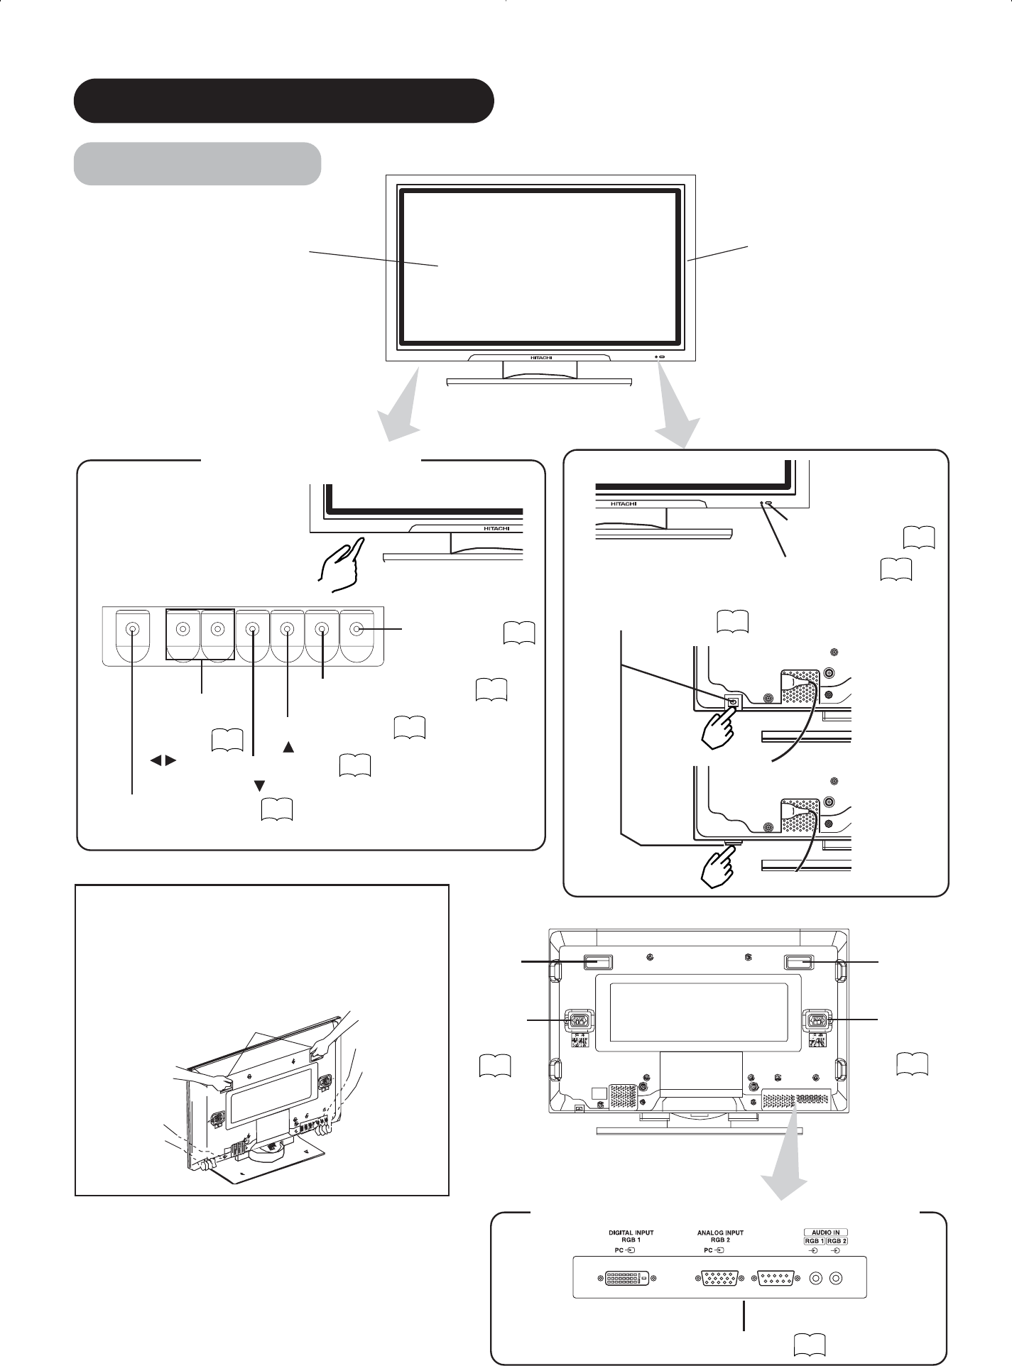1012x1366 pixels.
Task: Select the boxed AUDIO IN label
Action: coord(827,1233)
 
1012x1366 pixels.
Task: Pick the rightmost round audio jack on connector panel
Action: coord(837,1279)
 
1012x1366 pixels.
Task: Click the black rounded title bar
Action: coord(284,101)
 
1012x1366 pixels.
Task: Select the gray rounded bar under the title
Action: coord(197,163)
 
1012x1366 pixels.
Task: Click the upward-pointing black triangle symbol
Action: coord(288,747)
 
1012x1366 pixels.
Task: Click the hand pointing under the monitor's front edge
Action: coord(341,564)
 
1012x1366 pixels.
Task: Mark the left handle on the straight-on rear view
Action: coord(597,962)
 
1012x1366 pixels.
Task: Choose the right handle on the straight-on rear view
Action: coord(798,962)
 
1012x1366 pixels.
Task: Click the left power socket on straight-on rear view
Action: coord(578,1022)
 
